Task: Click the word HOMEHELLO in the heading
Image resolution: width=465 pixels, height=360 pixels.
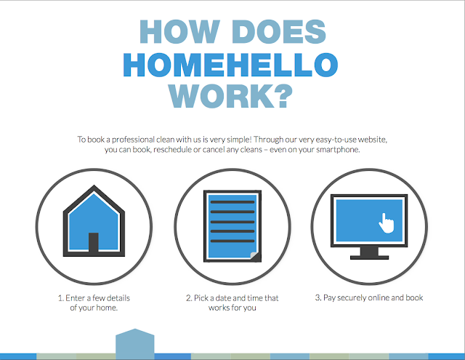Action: click(230, 65)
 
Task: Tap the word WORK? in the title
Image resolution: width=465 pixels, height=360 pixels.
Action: click(231, 96)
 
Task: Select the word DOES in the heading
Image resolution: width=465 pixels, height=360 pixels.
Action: click(279, 31)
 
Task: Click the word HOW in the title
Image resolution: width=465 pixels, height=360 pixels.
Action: click(179, 31)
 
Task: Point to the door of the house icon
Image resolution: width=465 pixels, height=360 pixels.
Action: click(94, 242)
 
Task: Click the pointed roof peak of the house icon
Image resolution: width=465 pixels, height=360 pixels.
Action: click(94, 185)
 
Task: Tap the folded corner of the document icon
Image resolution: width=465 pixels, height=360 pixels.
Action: click(255, 257)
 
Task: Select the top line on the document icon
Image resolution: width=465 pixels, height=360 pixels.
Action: click(232, 202)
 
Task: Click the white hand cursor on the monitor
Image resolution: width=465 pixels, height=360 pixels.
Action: click(386, 223)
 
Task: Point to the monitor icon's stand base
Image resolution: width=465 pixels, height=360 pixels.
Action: click(369, 257)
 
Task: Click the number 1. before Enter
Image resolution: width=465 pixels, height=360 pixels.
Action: click(61, 298)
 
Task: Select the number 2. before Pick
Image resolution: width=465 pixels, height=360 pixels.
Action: click(189, 298)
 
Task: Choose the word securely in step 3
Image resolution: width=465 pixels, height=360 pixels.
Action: click(351, 297)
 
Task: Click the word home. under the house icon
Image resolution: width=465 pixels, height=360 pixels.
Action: click(107, 308)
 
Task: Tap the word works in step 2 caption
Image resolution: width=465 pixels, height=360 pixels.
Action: click(217, 308)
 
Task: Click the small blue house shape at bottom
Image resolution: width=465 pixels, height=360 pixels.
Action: click(135, 344)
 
